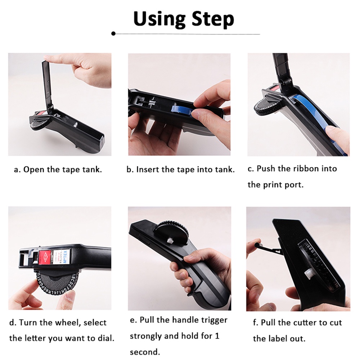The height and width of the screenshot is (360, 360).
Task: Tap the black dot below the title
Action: pos(113,33)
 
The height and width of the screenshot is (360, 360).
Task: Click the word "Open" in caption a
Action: pos(34,170)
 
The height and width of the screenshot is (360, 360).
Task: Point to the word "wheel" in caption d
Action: pos(67,323)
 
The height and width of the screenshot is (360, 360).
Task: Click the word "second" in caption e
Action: pos(145,352)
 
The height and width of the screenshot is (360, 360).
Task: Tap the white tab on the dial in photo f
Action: pos(309,274)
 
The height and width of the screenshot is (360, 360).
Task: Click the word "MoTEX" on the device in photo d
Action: pos(65,257)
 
